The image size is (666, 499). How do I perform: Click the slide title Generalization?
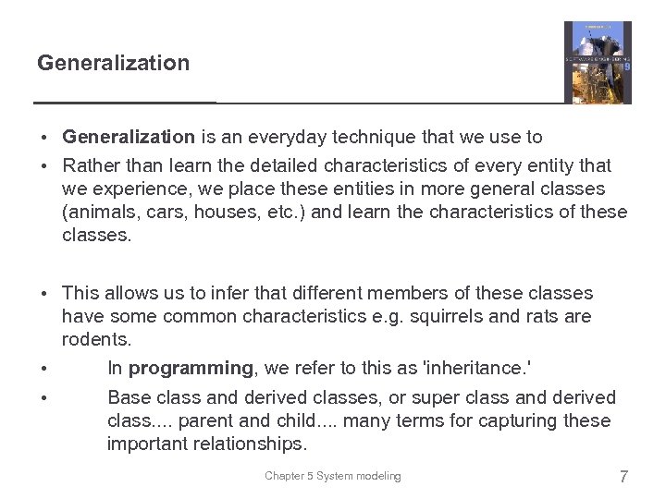[113, 63]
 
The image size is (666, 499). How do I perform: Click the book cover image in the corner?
[598, 62]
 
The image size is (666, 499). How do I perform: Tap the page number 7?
[623, 477]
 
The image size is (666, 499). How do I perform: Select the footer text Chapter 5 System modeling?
[333, 476]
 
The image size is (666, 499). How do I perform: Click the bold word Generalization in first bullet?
[129, 138]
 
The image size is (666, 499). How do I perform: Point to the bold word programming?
[191, 368]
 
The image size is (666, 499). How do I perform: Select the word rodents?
[95, 339]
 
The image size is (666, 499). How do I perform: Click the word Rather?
[90, 165]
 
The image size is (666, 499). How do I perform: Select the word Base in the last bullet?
[128, 397]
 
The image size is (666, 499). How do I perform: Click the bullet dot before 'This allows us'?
[44, 294]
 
